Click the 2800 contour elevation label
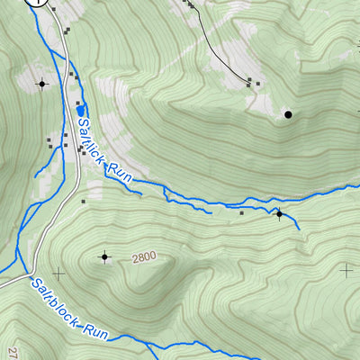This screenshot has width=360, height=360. click(x=143, y=257)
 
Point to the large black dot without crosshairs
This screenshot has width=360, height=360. click(x=288, y=114)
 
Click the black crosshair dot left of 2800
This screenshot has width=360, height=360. click(x=105, y=257)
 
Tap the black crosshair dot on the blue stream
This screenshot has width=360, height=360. click(x=279, y=214)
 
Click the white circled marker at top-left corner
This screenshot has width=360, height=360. click(x=36, y=3)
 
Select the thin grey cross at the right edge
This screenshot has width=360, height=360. click(x=347, y=268)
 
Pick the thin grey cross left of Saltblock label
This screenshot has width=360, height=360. click(x=59, y=272)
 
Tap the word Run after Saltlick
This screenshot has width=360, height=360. click(x=121, y=172)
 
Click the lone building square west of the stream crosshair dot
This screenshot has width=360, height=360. click(x=241, y=213)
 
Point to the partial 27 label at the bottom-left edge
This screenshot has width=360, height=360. click(x=13, y=353)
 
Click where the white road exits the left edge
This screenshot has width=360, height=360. click(x=3, y=284)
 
